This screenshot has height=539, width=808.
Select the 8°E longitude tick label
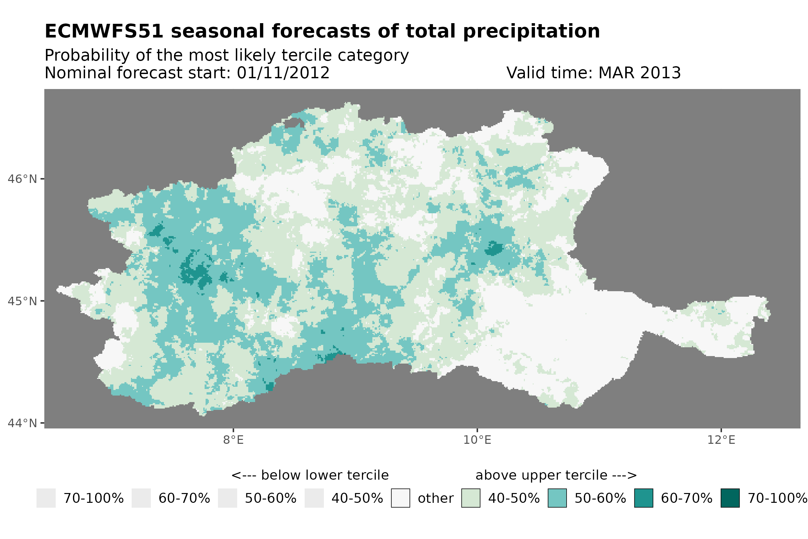point(233,440)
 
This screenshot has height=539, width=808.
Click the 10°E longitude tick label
point(477,440)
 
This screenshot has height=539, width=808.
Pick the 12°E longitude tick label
point(721,440)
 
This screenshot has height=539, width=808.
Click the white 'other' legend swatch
point(400,498)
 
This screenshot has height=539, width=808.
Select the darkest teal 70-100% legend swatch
point(730,498)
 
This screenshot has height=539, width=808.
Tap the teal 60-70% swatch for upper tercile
point(643,498)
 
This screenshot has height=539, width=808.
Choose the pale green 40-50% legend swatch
point(470,498)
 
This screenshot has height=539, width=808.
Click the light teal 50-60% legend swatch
point(557,498)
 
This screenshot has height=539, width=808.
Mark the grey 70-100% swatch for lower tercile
point(46,498)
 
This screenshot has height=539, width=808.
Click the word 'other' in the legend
point(435,498)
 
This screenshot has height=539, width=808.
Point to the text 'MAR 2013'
point(639,73)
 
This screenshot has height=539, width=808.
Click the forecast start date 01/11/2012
point(283,73)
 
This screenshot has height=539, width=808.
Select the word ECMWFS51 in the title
point(104,31)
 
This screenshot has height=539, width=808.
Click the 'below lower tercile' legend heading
point(310,475)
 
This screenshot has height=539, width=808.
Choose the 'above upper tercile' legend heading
point(556,475)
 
